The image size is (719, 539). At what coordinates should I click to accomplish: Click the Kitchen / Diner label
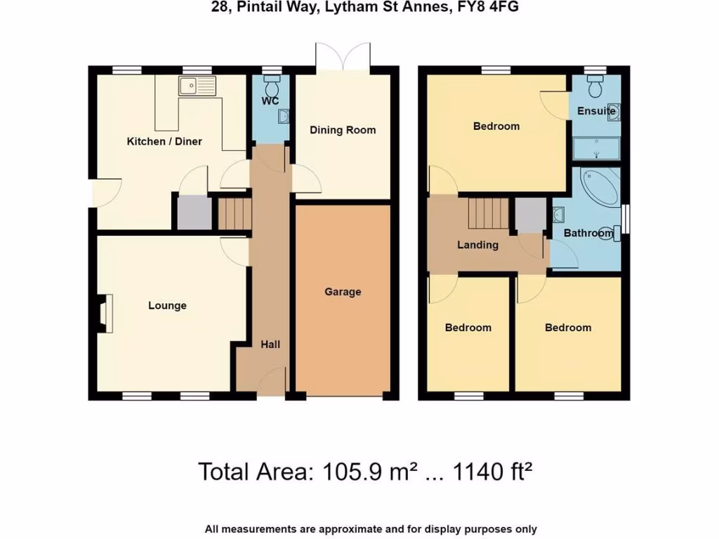click(x=164, y=142)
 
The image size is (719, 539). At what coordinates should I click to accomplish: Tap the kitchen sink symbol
click(x=197, y=87)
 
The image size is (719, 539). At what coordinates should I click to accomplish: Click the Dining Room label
click(x=343, y=130)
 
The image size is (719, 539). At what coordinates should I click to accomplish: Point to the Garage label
click(x=343, y=291)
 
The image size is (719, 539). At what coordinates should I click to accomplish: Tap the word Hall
click(x=270, y=344)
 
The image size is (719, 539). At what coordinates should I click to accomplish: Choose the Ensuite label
click(x=596, y=111)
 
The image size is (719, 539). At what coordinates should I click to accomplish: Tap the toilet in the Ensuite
click(x=596, y=87)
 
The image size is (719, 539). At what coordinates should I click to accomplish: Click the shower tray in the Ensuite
click(x=596, y=149)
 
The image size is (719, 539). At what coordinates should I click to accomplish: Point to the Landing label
click(x=477, y=245)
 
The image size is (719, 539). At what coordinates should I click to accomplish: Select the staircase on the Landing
click(x=487, y=213)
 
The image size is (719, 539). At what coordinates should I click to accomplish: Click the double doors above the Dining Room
click(x=343, y=56)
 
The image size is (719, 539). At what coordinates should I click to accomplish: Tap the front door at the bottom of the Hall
click(x=271, y=382)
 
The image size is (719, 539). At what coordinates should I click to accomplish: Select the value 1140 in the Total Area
click(x=474, y=471)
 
